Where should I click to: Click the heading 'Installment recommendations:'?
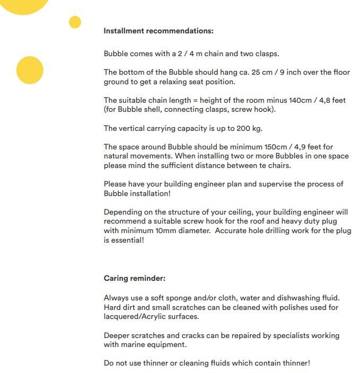[x=159, y=31]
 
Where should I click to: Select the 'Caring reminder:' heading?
[x=134, y=278]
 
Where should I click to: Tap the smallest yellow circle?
[x=75, y=22]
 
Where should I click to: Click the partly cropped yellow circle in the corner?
[x=24, y=4]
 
